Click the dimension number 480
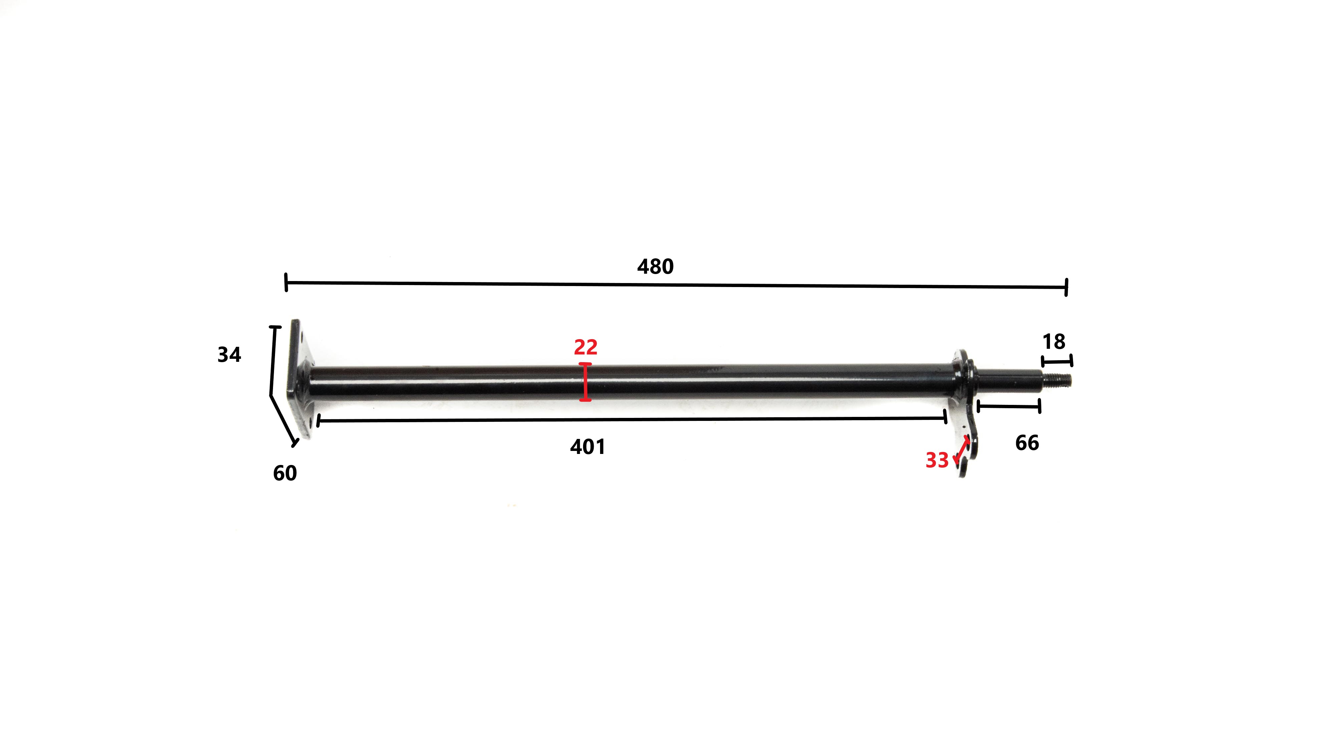click(655, 266)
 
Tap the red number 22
click(586, 347)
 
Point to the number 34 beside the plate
click(229, 355)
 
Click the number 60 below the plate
click(285, 473)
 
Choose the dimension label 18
click(1054, 342)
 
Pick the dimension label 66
click(1027, 443)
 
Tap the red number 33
click(937, 460)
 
